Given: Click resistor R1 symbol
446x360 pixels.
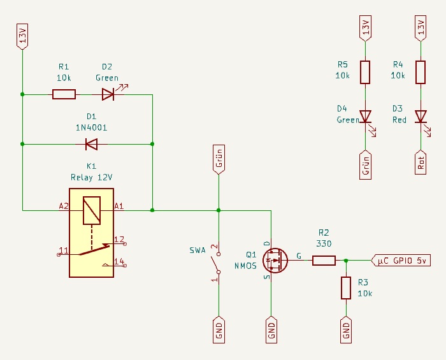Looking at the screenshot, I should (x=64, y=95).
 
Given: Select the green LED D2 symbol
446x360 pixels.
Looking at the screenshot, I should (x=108, y=95).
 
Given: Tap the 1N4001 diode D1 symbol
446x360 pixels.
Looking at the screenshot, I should (x=91, y=145).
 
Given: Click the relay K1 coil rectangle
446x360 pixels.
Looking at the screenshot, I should (x=91, y=210).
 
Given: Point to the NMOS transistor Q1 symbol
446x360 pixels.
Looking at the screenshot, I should (x=274, y=260).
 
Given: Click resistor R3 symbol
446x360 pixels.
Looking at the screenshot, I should (x=346, y=288).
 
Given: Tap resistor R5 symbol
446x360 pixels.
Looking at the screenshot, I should (x=365, y=72).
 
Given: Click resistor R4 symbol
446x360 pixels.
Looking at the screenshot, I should (x=421, y=72).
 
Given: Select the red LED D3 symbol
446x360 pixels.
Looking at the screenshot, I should (x=421, y=117).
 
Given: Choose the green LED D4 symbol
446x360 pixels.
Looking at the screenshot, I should (x=365, y=117).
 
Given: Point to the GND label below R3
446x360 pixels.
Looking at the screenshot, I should (x=346, y=329).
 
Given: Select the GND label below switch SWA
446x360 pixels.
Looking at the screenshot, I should (x=218, y=329).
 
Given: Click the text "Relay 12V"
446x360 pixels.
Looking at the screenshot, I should (x=91, y=176).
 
